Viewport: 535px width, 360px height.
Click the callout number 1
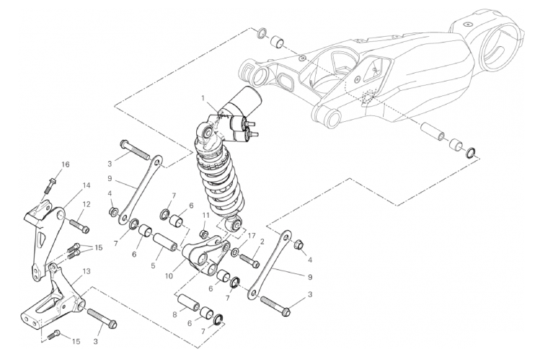coord(203,98)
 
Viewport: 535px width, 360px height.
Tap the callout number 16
coord(65,164)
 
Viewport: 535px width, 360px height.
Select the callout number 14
coord(87,185)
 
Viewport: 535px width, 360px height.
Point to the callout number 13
coord(87,271)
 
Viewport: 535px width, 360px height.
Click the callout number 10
coord(169,276)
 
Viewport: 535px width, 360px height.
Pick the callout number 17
coord(252,236)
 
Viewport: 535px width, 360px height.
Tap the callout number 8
coord(175,315)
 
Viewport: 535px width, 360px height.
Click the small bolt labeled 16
coord(50,185)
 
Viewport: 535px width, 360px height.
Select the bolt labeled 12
coord(79,227)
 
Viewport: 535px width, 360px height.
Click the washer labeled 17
coord(235,253)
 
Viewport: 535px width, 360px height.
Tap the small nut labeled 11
coord(205,234)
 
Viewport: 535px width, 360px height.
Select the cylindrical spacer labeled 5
coord(164,242)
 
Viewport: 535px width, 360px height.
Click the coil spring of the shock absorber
coord(220,181)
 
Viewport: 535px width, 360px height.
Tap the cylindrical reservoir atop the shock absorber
coord(244,99)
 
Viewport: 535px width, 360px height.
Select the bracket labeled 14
coord(45,236)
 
